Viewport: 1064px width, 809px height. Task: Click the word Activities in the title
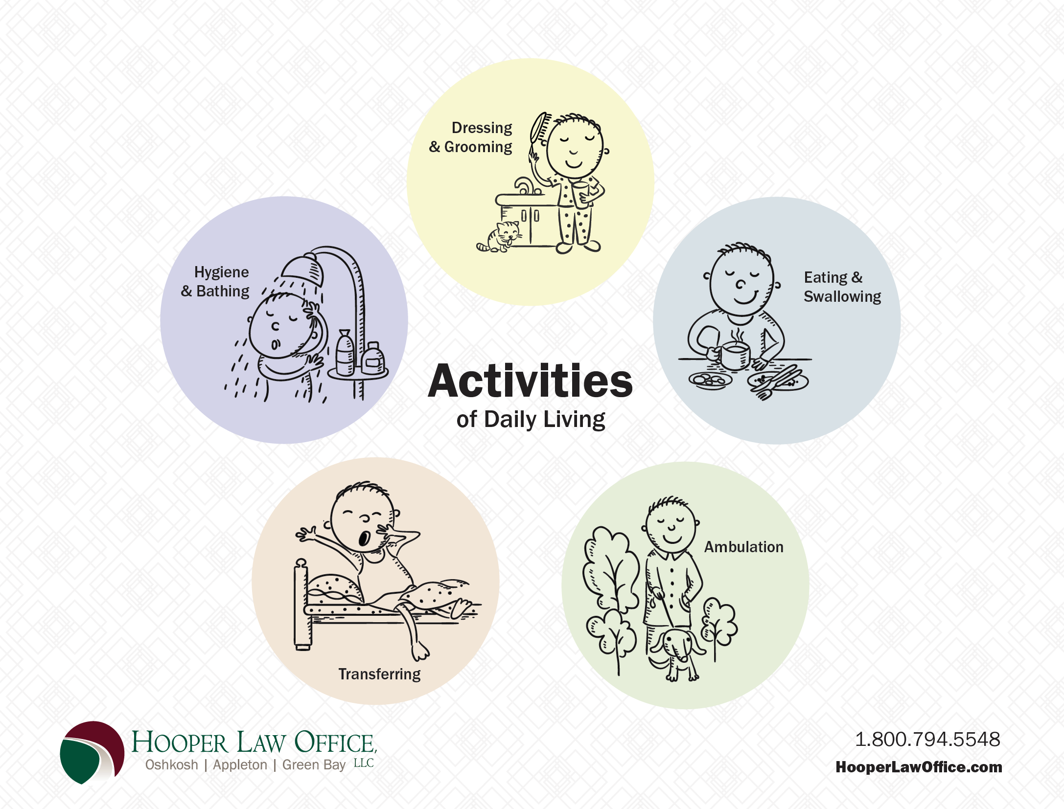531,381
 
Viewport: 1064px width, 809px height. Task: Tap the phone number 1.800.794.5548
927,739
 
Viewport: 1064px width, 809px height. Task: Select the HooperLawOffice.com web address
919,767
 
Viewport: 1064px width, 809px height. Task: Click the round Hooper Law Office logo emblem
92,752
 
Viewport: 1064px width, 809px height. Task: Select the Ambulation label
744,547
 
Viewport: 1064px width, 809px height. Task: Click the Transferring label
379,674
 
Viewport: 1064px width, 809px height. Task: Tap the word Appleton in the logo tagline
240,765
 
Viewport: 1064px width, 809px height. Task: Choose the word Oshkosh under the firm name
172,765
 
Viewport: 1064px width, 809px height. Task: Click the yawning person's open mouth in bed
364,539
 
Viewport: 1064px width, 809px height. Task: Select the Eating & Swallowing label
842,287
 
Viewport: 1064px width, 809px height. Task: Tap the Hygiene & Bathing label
215,281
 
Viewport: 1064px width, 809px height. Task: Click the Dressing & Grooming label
471,137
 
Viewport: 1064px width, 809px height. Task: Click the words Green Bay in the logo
314,765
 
